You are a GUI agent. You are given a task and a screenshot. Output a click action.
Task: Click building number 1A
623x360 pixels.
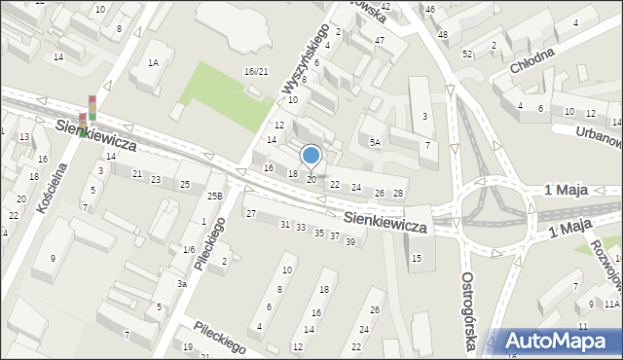coord(153,62)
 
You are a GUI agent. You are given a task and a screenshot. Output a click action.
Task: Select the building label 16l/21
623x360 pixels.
coord(256,71)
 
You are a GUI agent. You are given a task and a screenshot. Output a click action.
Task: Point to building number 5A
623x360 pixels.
coord(374,142)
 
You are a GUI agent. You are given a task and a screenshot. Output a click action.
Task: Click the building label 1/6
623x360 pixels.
coord(188,250)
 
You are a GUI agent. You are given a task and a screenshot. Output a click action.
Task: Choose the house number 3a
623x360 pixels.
coord(181,283)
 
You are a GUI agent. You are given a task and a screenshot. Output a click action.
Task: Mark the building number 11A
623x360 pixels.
coord(611,305)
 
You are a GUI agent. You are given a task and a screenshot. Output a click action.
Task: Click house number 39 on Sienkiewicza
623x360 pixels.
coord(350,241)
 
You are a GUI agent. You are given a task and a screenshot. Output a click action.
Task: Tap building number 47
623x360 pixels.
coord(379,40)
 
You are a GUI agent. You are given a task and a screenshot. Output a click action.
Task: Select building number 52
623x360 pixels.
coord(467,54)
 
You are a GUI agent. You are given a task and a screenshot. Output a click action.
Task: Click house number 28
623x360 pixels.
coord(397,194)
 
